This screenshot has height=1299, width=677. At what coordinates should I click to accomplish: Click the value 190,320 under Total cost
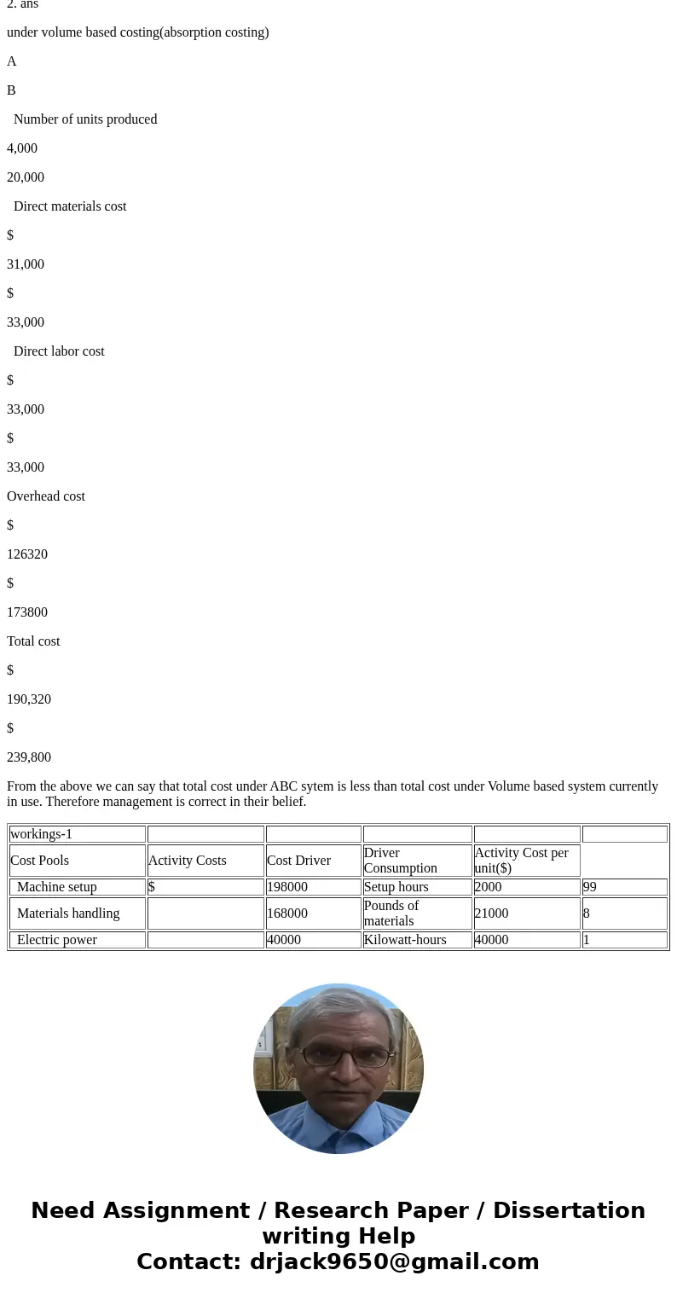[29, 699]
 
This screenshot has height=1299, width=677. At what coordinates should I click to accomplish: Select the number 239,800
[29, 757]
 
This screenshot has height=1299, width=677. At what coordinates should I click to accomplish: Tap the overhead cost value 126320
[27, 554]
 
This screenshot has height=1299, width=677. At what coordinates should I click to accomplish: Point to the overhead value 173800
[27, 612]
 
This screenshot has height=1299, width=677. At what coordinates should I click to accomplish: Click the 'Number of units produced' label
[85, 119]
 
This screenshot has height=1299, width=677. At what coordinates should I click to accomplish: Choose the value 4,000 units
[22, 148]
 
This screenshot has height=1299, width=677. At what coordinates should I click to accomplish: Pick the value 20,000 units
[26, 177]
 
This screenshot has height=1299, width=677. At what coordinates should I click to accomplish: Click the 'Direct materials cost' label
[70, 206]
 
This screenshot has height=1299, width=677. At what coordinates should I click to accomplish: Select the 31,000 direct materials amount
[26, 264]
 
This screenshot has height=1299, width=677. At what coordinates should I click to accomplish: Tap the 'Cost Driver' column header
[298, 861]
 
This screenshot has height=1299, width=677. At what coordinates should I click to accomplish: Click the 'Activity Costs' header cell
[188, 861]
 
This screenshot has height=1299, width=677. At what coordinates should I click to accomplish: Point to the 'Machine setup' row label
[57, 887]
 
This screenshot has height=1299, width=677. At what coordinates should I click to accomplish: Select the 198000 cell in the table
[287, 887]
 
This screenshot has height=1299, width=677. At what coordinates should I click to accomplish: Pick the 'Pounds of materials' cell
[391, 913]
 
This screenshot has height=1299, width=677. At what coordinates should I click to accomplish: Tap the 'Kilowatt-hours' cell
[405, 940]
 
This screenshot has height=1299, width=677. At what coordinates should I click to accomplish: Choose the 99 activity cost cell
[590, 887]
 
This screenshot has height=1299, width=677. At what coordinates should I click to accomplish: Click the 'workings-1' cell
[41, 834]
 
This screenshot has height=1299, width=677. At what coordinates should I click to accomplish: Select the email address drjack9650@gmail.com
[394, 1261]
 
